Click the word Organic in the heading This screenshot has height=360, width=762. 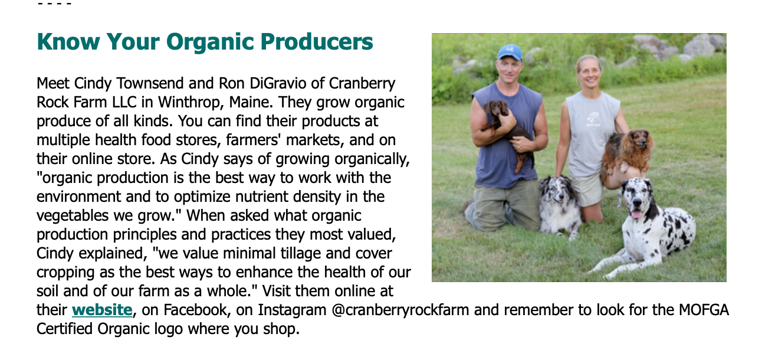211,42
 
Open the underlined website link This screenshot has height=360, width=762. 102,310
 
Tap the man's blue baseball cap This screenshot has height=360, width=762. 509,53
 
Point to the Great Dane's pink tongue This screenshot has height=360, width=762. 636,214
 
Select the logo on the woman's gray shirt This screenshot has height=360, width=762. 593,119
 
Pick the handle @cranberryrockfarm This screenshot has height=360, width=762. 400,310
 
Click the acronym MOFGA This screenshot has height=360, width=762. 704,310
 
